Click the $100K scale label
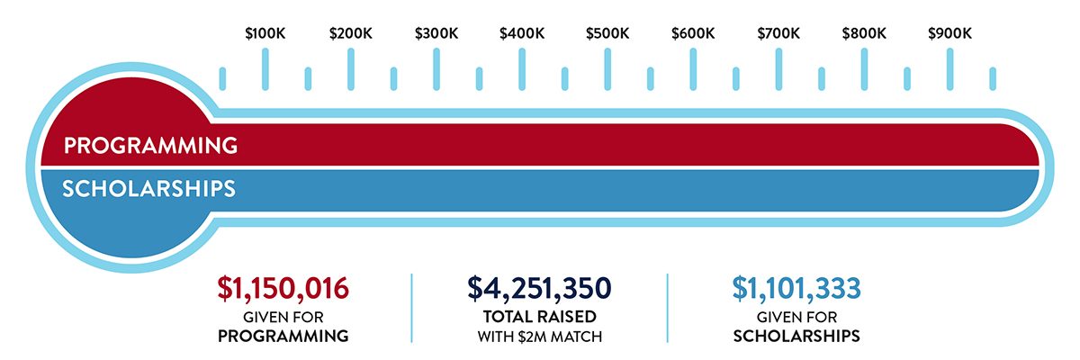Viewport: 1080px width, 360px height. pyautogui.click(x=265, y=34)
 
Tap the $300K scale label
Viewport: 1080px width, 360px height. pyautogui.click(x=436, y=34)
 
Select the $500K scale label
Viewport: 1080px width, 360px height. pyautogui.click(x=607, y=34)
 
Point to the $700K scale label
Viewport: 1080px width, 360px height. pyautogui.click(x=778, y=34)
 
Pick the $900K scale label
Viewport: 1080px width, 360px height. pyautogui.click(x=949, y=34)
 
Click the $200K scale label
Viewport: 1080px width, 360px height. pyautogui.click(x=350, y=34)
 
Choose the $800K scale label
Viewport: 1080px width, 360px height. pyautogui.click(x=864, y=34)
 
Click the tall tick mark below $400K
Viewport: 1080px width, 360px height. pyautogui.click(x=522, y=68)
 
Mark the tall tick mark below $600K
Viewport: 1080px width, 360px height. pyautogui.click(x=693, y=68)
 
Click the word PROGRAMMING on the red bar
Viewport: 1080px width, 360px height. pyautogui.click(x=150, y=146)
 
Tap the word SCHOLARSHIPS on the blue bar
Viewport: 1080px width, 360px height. pyautogui.click(x=148, y=189)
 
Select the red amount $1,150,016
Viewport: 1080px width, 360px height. pyautogui.click(x=283, y=288)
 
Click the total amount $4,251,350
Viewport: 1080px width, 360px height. pyautogui.click(x=539, y=288)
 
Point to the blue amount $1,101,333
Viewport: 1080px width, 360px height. pyautogui.click(x=796, y=288)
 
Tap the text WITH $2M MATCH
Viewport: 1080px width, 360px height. pyautogui.click(x=539, y=337)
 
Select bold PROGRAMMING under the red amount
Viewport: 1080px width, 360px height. pyautogui.click(x=283, y=337)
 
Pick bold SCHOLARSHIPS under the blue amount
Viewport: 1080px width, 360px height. pyautogui.click(x=796, y=337)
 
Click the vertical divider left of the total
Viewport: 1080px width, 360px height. pyautogui.click(x=411, y=308)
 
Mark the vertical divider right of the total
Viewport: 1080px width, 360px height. pyautogui.click(x=667, y=308)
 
